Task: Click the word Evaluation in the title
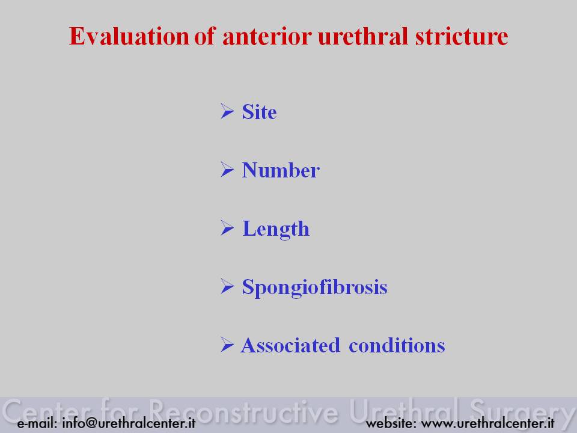click(x=129, y=36)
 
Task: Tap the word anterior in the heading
click(x=267, y=36)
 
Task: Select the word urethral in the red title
click(x=363, y=36)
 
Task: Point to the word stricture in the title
click(x=462, y=36)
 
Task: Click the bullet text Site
click(x=259, y=112)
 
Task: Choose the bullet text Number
click(x=281, y=170)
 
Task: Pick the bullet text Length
click(x=276, y=229)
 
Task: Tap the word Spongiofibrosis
click(x=314, y=287)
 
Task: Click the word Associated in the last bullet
click(x=290, y=345)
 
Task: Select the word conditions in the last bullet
click(x=397, y=345)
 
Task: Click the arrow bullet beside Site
click(x=227, y=111)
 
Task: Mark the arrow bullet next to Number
click(x=227, y=170)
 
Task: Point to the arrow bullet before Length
click(x=227, y=228)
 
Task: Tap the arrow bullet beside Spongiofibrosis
click(x=227, y=286)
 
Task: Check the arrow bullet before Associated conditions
click(x=227, y=345)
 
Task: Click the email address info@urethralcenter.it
click(x=129, y=423)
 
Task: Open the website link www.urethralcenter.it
click(x=487, y=423)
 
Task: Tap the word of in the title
click(x=204, y=36)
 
